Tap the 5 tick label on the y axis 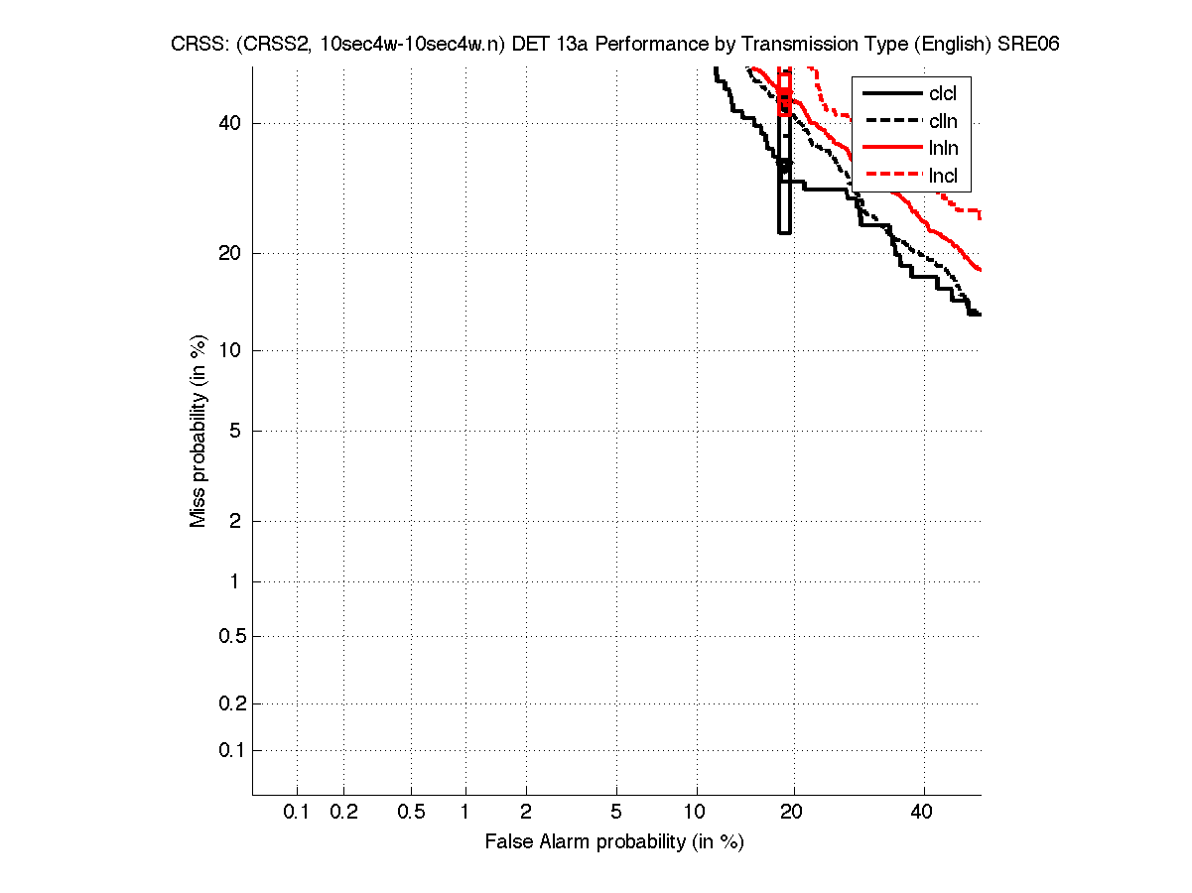pos(235,431)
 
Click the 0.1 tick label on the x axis pos(297,812)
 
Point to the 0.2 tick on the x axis pos(343,812)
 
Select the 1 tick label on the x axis pos(464,812)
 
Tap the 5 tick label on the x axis pos(616,812)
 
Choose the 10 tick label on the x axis pos(696,812)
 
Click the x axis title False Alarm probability pos(614,842)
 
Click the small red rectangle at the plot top pos(784,94)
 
